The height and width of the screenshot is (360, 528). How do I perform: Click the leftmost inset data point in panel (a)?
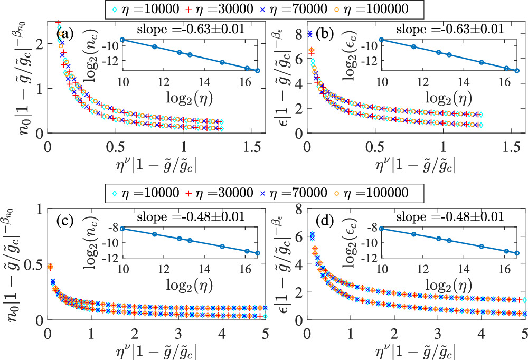[x=122, y=40]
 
